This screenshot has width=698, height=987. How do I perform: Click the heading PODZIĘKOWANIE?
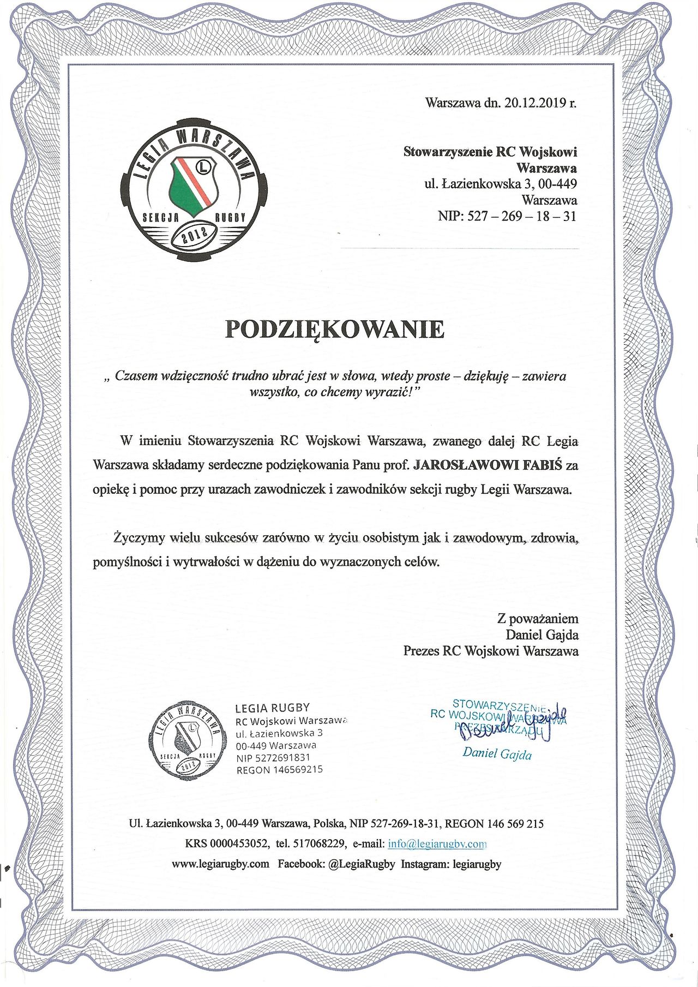(x=335, y=329)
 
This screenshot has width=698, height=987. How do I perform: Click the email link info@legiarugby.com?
(x=437, y=844)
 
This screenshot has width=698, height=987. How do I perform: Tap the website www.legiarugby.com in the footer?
(x=220, y=864)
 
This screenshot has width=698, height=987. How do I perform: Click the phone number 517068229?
(x=320, y=844)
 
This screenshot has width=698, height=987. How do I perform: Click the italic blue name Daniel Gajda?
(x=497, y=753)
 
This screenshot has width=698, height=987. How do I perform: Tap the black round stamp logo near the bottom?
(x=187, y=740)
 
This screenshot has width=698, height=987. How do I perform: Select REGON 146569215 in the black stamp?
(x=279, y=770)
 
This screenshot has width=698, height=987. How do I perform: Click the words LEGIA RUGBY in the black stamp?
(x=272, y=708)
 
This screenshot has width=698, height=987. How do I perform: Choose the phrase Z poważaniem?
(x=538, y=619)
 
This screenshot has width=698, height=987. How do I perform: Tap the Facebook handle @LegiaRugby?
(x=362, y=864)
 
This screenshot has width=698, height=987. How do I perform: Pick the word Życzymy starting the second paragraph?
(x=139, y=537)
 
